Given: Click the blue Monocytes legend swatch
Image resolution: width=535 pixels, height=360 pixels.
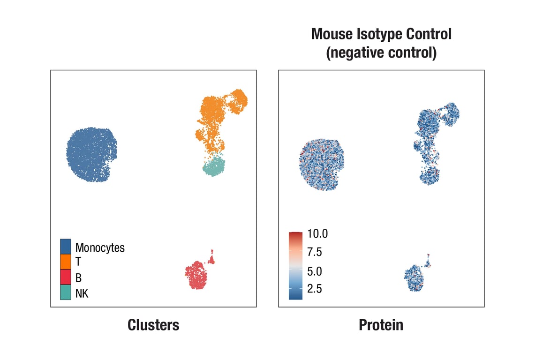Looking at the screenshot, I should coord(66,247).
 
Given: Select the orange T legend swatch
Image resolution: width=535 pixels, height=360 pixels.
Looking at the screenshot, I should coord(66,262).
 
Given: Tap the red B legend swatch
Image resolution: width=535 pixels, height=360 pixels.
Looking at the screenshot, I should coord(66,277).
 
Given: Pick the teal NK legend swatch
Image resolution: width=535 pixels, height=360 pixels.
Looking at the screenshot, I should coord(66,293).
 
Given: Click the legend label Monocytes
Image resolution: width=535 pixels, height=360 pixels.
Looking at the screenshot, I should coord(100,247).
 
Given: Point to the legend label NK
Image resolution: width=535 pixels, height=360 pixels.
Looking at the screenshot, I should coord(82,294).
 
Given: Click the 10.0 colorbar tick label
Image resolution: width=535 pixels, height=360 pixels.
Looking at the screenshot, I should coord(317,233).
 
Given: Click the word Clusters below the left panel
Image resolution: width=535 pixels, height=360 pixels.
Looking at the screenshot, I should coord(153,325).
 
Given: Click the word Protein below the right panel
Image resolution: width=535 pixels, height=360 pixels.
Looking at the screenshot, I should coord(381,325).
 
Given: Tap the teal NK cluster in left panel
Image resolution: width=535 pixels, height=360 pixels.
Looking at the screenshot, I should coord(214,166).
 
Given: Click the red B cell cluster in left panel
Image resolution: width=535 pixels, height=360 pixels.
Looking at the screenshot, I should coord(197,276).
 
